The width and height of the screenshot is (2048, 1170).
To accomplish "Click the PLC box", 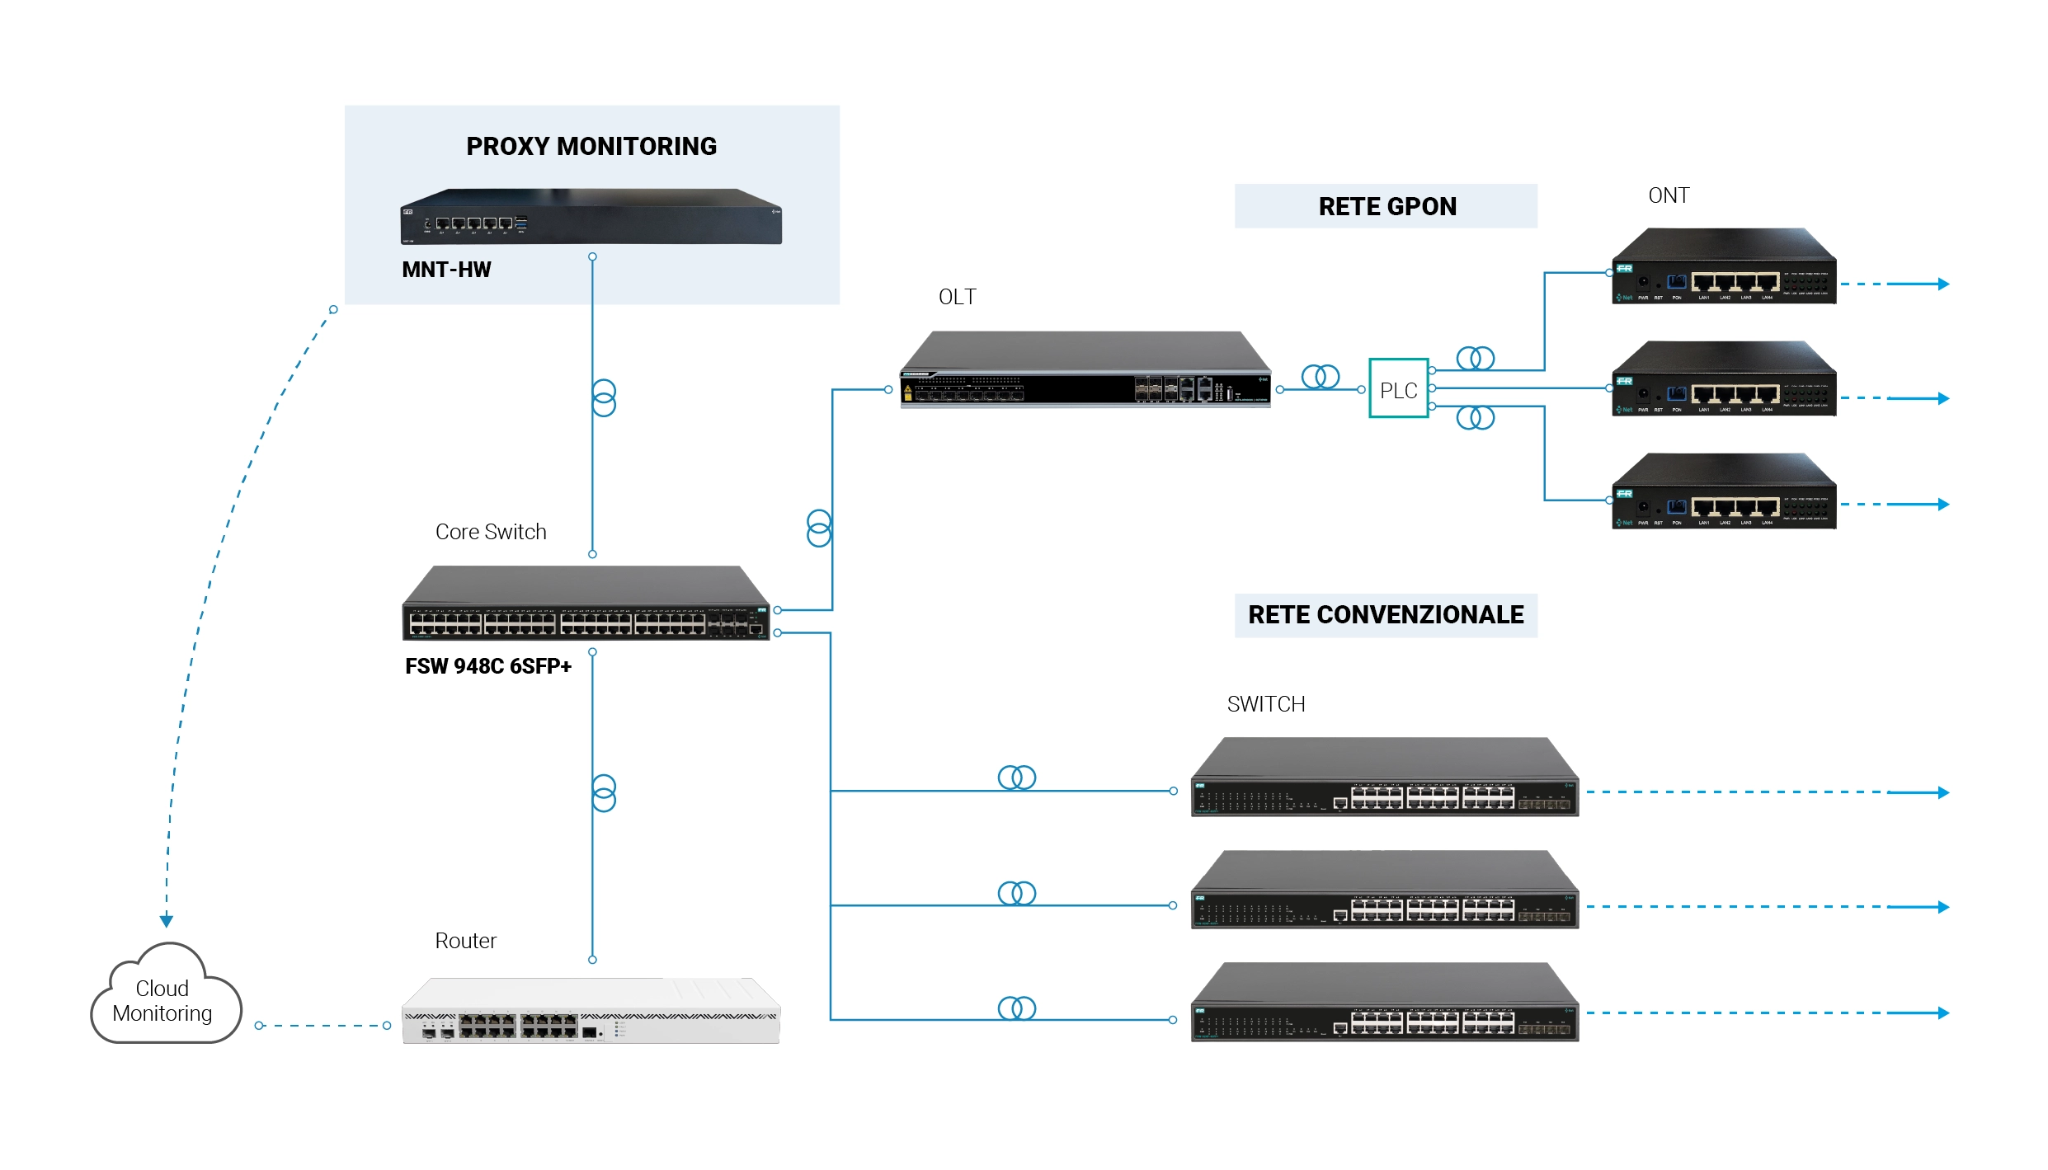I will [1398, 388].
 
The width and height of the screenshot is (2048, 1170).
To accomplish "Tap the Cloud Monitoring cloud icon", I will [164, 998].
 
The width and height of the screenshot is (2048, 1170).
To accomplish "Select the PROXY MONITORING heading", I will [591, 146].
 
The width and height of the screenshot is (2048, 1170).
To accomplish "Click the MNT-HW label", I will [446, 270].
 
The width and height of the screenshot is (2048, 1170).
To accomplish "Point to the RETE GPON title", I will [1387, 206].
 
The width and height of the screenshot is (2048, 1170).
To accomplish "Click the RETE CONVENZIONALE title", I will [1385, 615].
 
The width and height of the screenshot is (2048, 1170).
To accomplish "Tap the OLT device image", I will [1085, 371].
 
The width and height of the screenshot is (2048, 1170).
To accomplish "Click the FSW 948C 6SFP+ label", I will [487, 666].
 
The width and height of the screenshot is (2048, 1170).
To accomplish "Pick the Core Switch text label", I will [491, 532].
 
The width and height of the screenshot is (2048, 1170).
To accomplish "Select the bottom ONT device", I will [1724, 492].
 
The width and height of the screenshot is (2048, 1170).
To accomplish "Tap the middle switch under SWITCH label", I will [1385, 890].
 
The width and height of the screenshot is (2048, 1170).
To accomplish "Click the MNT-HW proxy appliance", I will [591, 217].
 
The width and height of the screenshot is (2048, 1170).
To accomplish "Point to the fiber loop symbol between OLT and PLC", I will [1320, 377].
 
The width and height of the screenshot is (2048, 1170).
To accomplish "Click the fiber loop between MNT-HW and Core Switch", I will [604, 397].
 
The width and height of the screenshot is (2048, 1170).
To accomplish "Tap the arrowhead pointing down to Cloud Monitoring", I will [167, 920].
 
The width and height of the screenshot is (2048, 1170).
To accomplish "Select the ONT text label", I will [1668, 195].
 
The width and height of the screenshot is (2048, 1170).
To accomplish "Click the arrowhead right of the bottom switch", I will [1943, 1013].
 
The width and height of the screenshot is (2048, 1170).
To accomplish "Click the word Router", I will [465, 941].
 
